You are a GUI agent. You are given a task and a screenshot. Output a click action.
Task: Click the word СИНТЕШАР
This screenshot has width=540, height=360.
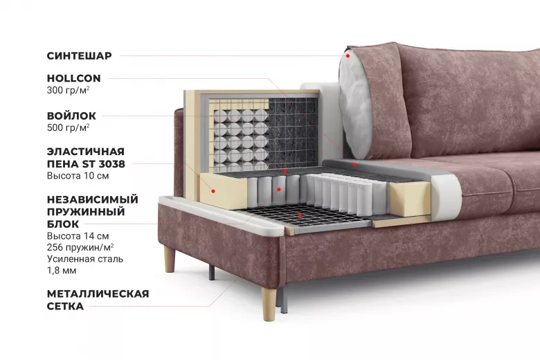[79, 56]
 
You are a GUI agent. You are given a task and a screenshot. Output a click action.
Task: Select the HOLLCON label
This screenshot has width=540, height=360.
[73, 78]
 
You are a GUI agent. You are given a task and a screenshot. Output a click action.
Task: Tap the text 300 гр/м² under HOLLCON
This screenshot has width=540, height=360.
[68, 90]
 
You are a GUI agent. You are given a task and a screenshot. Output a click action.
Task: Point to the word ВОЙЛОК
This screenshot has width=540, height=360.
[71, 116]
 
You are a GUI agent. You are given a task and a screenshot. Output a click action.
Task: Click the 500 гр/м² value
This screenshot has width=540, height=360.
[68, 127]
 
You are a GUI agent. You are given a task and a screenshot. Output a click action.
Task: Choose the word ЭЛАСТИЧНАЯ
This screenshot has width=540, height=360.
[86, 152]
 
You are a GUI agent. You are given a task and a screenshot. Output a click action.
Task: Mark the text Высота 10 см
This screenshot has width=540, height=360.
[78, 176]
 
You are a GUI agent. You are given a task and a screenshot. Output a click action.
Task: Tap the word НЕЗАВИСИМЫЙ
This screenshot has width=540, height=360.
[93, 199]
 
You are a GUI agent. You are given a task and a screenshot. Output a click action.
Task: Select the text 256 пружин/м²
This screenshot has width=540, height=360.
[80, 247]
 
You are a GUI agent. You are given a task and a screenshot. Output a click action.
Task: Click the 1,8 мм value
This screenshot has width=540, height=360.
[62, 271]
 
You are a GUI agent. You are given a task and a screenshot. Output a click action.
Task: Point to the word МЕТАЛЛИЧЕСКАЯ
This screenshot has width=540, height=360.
[98, 294]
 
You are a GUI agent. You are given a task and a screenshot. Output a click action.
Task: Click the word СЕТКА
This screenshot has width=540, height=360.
[65, 306]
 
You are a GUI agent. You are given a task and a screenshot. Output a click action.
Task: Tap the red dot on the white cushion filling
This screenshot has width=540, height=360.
[348, 56]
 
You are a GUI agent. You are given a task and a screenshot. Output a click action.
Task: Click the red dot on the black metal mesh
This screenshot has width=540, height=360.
[300, 215]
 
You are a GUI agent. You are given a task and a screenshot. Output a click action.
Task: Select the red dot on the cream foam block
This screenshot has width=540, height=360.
[213, 191]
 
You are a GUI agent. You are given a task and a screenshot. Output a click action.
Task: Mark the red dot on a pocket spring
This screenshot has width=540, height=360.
[279, 189]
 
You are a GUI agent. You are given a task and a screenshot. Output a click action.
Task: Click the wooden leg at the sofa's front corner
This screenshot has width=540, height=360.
[269, 304]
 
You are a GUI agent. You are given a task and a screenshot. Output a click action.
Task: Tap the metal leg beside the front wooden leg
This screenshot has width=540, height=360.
[283, 300]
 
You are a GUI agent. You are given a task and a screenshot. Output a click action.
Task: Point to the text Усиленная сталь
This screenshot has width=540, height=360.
[85, 259]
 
